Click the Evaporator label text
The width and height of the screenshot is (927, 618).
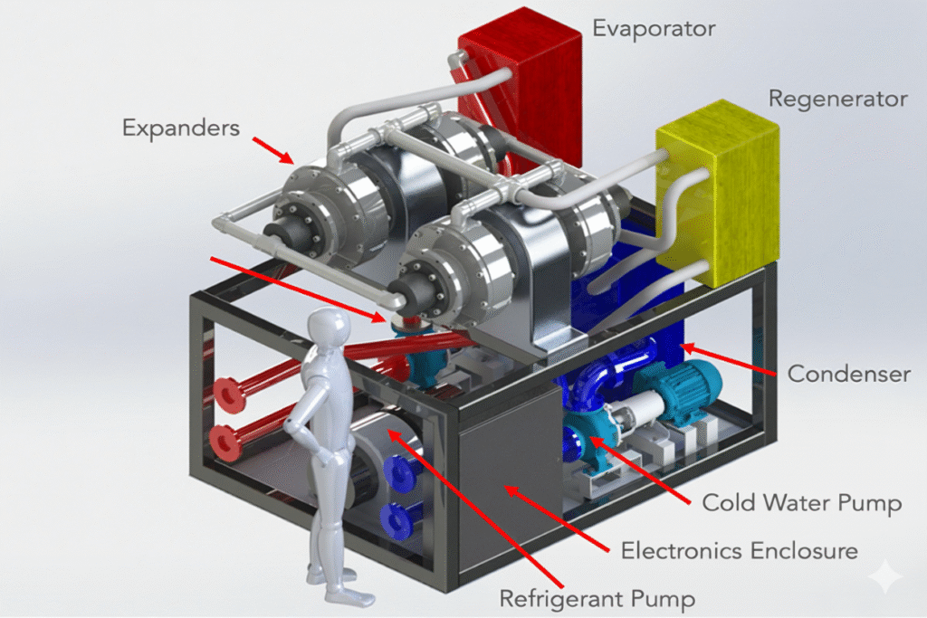tap(654, 28)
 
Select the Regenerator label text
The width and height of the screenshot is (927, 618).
tap(837, 99)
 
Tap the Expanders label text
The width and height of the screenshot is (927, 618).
tap(181, 128)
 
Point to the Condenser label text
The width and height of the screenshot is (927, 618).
tap(848, 373)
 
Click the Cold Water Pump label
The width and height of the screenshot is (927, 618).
tap(802, 502)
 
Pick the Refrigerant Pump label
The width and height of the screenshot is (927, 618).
tap(586, 597)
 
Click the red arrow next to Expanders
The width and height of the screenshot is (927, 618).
tap(272, 150)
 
